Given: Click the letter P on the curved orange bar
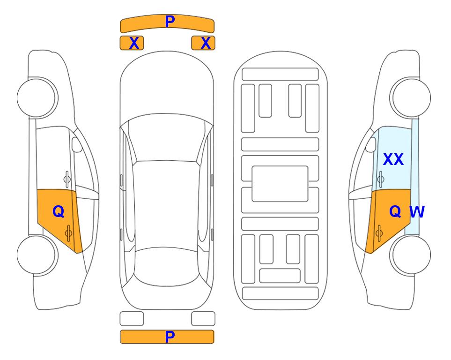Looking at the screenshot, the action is pyautogui.click(x=170, y=22).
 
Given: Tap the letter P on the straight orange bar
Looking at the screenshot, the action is pyautogui.click(x=170, y=337).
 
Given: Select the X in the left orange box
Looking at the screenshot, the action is pyautogui.click(x=134, y=43).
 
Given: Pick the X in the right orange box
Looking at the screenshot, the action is pyautogui.click(x=206, y=43).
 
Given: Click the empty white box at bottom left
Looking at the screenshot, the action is pyautogui.click(x=132, y=319).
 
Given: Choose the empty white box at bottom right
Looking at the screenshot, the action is pyautogui.click(x=203, y=319).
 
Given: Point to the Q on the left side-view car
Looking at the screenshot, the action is pyautogui.click(x=59, y=212).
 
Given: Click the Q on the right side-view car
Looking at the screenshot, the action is pyautogui.click(x=395, y=212).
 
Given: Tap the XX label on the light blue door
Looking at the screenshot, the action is pyautogui.click(x=393, y=159).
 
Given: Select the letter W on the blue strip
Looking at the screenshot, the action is pyautogui.click(x=417, y=212).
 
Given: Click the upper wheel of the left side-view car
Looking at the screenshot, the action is pyautogui.click(x=37, y=97).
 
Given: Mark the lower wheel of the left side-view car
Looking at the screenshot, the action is pyautogui.click(x=37, y=255).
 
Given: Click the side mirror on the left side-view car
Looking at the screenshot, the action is pyautogui.click(x=77, y=144).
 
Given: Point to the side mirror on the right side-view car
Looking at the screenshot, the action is pyautogui.click(x=371, y=144).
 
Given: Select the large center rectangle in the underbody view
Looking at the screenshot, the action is pyautogui.click(x=280, y=184).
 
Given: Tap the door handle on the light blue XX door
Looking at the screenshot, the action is pyautogui.click(x=381, y=179).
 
